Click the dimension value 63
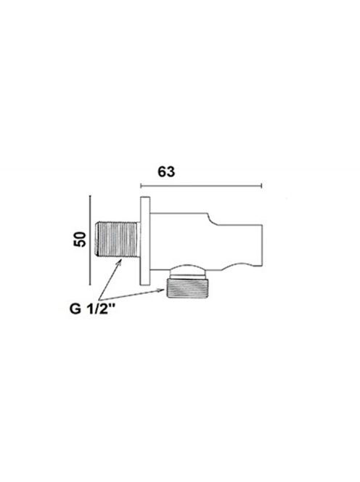pyautogui.click(x=166, y=171)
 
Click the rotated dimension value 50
pyautogui.click(x=80, y=239)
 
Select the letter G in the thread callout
pyautogui.click(x=75, y=308)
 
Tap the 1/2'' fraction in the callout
pyautogui.click(x=102, y=308)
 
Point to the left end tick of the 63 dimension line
pyautogui.click(x=141, y=185)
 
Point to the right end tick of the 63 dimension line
pyautogui.click(x=261, y=185)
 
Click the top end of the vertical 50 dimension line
pyautogui.click(x=90, y=195)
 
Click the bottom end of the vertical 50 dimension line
pyautogui.click(x=90, y=285)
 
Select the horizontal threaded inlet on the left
pyautogui.click(x=117, y=239)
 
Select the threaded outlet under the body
pyautogui.click(x=187, y=287)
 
